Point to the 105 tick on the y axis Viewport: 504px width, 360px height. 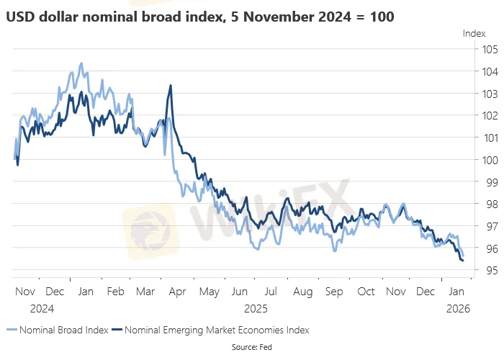490,50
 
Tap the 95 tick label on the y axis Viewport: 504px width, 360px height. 490,270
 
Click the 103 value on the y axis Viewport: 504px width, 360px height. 490,94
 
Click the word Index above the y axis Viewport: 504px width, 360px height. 474,33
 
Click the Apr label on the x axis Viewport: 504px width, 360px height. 177,293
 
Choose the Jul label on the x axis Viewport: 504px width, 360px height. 271,293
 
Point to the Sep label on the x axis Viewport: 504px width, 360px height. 334,293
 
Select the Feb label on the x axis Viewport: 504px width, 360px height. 115,293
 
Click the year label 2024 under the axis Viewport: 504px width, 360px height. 43,308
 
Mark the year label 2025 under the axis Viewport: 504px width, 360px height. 256,308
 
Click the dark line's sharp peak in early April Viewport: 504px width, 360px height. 171,86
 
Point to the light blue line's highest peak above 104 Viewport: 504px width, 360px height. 81,63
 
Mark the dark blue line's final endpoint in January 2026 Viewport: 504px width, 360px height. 462,261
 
